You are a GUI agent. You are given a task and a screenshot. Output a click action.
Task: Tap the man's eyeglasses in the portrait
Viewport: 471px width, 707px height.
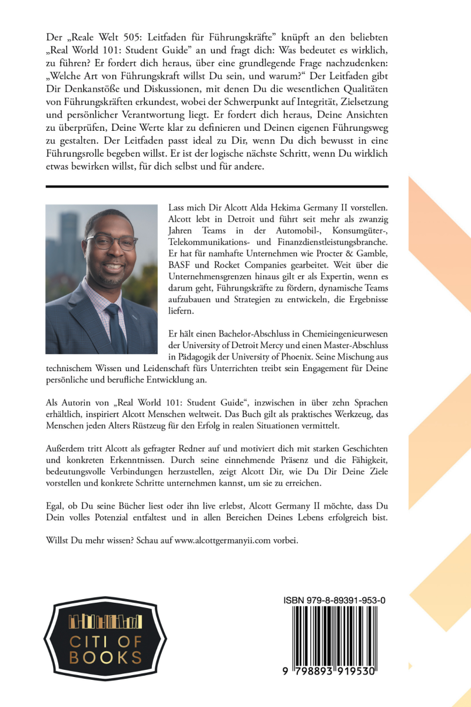pos(111,242)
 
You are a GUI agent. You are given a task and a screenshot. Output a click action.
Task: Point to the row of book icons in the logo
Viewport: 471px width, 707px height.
pos(106,620)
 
